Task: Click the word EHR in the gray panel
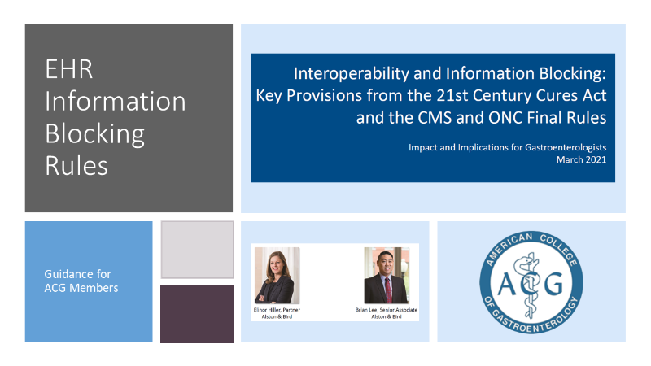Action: tap(69, 69)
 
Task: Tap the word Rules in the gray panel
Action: tap(76, 166)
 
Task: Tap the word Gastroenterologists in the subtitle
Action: tap(566, 148)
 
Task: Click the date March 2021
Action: tap(581, 159)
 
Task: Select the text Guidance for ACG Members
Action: tap(81, 281)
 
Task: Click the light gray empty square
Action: tap(197, 250)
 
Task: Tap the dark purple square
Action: tap(197, 314)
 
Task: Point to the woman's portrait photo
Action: tap(277, 276)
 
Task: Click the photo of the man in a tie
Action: tap(387, 276)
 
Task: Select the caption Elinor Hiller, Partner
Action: tap(277, 310)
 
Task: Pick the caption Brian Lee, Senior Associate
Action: tap(387, 310)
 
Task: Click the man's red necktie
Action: tap(388, 290)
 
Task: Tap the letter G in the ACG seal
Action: tap(553, 283)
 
